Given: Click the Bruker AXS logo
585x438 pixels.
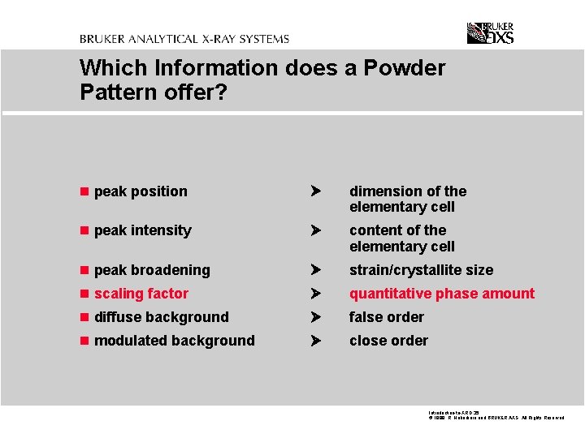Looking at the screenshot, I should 490,33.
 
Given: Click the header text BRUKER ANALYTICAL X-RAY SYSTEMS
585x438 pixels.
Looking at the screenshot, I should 184,39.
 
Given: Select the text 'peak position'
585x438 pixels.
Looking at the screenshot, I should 141,191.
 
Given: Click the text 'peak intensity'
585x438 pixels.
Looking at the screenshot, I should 142,230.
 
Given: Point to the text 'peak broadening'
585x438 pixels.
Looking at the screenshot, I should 152,270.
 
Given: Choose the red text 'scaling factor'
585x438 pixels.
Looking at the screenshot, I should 141,294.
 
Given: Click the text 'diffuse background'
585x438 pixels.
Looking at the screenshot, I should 162,317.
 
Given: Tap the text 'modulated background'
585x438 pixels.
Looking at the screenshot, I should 175,341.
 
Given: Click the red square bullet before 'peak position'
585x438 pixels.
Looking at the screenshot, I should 84,192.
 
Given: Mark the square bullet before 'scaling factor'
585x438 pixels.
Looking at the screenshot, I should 84,294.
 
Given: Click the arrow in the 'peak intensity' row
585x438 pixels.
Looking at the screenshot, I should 317,231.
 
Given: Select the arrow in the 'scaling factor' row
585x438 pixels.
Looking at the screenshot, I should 317,294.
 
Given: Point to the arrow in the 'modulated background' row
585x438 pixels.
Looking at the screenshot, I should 317,341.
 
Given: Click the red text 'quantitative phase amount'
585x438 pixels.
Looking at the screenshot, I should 442,294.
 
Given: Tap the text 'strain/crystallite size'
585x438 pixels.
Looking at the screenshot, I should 421,270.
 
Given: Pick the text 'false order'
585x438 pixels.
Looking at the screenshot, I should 387,317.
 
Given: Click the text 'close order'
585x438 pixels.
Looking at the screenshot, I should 388,341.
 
